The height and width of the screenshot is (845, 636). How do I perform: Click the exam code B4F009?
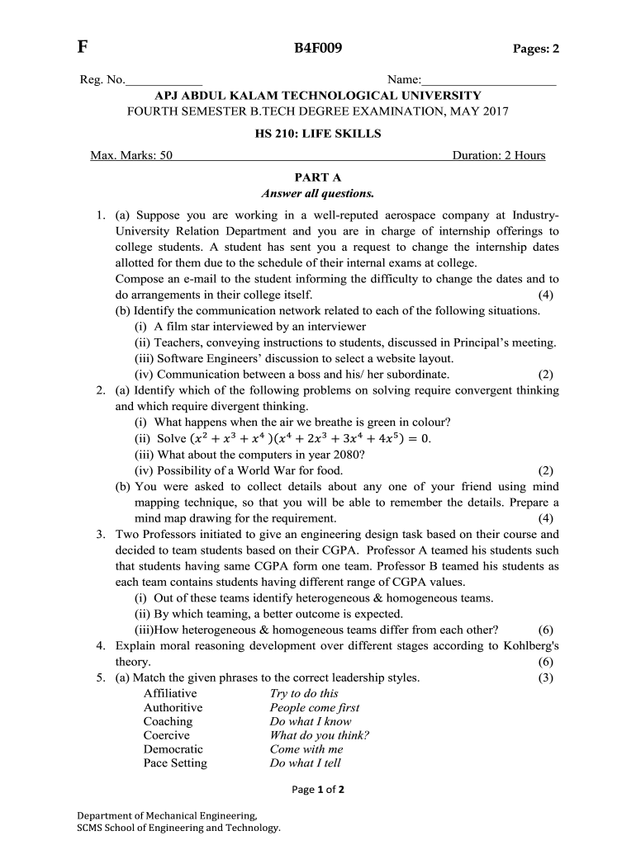pyautogui.click(x=318, y=49)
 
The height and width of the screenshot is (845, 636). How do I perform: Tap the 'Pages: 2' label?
pyautogui.click(x=536, y=50)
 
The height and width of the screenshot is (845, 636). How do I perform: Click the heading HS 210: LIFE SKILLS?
pyautogui.click(x=318, y=134)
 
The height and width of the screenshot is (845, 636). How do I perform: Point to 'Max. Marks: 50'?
pyautogui.click(x=131, y=155)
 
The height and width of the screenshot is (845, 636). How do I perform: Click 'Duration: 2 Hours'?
pyautogui.click(x=499, y=155)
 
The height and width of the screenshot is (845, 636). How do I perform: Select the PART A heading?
pyautogui.click(x=318, y=177)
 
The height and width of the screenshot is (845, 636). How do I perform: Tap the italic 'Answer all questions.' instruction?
pyautogui.click(x=318, y=194)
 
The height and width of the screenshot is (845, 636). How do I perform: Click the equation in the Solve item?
pyautogui.click(x=310, y=438)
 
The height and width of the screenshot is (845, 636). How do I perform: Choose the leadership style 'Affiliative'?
pyautogui.click(x=170, y=694)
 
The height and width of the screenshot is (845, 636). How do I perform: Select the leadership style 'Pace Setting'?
pyautogui.click(x=175, y=763)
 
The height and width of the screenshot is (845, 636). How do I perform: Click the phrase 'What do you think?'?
pyautogui.click(x=319, y=735)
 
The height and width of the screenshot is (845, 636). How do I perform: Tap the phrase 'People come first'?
pyautogui.click(x=314, y=708)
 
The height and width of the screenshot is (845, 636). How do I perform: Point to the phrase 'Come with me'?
pyautogui.click(x=306, y=749)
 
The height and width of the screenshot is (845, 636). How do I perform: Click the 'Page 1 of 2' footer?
pyautogui.click(x=318, y=790)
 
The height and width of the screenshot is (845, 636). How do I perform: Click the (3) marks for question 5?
pyautogui.click(x=545, y=677)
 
